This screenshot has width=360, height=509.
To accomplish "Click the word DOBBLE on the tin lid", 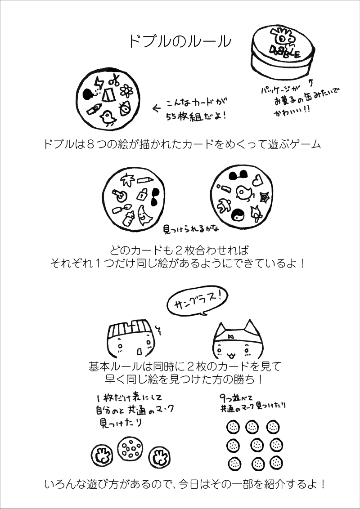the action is coord(286,52).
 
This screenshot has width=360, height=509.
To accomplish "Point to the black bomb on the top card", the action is coord(88,94).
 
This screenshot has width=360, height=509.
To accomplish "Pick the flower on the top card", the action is coord(126,91).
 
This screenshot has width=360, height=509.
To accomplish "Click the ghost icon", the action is coord(143,215).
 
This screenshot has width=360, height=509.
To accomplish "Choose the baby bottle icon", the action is coord(128,218).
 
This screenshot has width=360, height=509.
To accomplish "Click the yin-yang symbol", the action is coord(237,214).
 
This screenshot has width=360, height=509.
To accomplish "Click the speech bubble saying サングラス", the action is coord(197,301).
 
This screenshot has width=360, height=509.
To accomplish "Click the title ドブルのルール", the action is coord(180,41).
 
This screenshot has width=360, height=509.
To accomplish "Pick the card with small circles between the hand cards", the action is coord(130,448).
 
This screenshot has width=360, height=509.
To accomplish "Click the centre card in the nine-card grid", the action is coord(256,445).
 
